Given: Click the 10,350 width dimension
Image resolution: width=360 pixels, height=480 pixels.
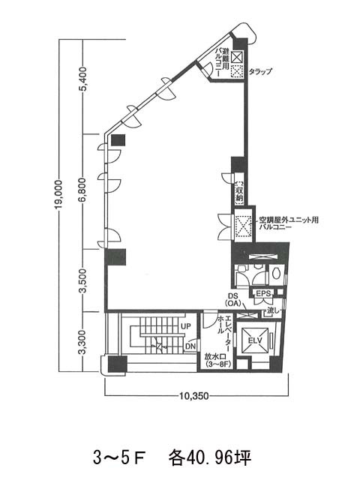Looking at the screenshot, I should tap(193, 395).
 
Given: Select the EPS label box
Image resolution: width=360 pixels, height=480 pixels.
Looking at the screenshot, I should tap(262, 294).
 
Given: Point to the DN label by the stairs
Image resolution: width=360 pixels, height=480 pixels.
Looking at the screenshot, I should tap(190, 346).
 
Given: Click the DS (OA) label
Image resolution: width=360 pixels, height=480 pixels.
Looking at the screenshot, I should tap(232, 299).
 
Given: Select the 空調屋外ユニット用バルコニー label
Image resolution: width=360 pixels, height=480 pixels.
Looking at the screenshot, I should tap(289, 224).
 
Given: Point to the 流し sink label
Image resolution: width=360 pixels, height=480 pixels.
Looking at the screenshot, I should tap(272, 310).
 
